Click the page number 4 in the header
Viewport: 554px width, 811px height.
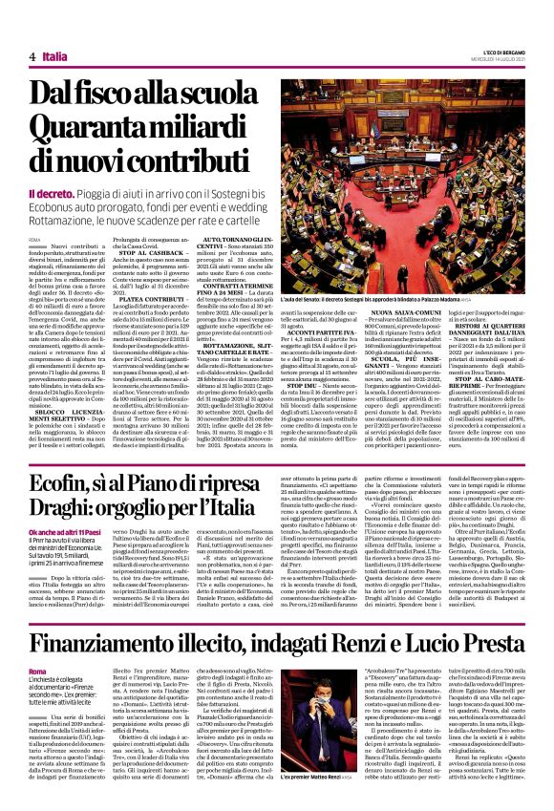[x=32, y=57]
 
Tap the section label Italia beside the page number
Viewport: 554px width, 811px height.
[x=56, y=57]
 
